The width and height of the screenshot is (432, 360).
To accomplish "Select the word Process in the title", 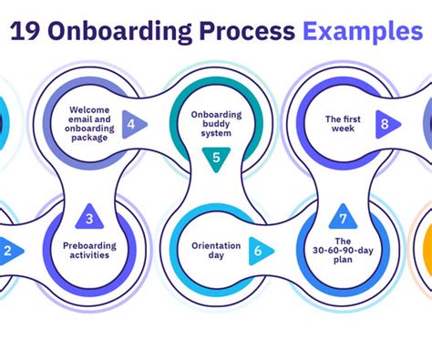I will (244, 32).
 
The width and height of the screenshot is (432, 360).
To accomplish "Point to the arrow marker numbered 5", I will (216, 159).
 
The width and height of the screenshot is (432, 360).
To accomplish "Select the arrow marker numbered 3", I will (89, 218).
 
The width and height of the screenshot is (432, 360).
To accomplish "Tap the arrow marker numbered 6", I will (260, 251).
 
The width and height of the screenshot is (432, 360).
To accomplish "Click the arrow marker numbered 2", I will (9, 251).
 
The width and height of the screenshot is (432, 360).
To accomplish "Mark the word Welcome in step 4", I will (90, 110).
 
